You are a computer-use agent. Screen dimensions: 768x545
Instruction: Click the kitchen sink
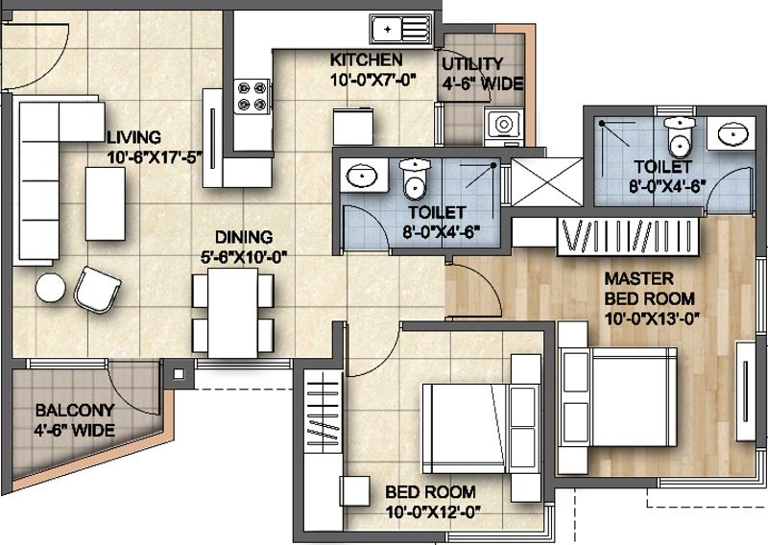pyautogui.click(x=401, y=30)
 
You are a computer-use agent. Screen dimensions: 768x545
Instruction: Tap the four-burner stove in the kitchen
pyautogui.click(x=252, y=97)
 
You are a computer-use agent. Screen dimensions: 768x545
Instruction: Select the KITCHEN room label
pyautogui.click(x=366, y=59)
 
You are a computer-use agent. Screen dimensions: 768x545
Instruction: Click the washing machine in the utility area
pyautogui.click(x=503, y=127)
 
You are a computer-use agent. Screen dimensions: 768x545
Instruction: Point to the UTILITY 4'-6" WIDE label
pyautogui.click(x=483, y=74)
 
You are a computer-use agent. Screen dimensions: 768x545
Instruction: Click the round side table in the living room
pyautogui.click(x=51, y=288)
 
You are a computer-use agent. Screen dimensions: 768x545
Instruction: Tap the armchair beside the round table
pyautogui.click(x=97, y=290)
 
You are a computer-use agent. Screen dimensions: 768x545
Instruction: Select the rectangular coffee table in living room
pyautogui.click(x=106, y=203)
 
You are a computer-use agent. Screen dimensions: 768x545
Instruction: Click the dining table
pyautogui.click(x=232, y=313)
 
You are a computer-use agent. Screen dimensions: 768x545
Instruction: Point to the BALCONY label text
pyautogui.click(x=75, y=410)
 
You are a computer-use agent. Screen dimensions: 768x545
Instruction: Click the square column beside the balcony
pyautogui.click(x=179, y=374)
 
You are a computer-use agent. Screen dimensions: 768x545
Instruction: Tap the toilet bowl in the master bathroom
pyautogui.click(x=680, y=136)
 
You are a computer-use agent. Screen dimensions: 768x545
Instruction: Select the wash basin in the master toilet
pyautogui.click(x=733, y=132)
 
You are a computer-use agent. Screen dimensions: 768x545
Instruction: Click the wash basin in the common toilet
pyautogui.click(x=362, y=175)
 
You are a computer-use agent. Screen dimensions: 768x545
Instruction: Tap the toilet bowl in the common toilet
pyautogui.click(x=415, y=179)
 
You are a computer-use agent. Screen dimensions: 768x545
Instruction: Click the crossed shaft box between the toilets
pyautogui.click(x=546, y=181)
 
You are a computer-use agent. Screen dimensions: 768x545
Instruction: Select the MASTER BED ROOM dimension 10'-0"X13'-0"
pyautogui.click(x=652, y=320)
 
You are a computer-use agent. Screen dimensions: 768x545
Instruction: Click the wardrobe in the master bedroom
pyautogui.click(x=628, y=235)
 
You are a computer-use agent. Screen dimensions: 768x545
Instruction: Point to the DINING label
pyautogui.click(x=244, y=238)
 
